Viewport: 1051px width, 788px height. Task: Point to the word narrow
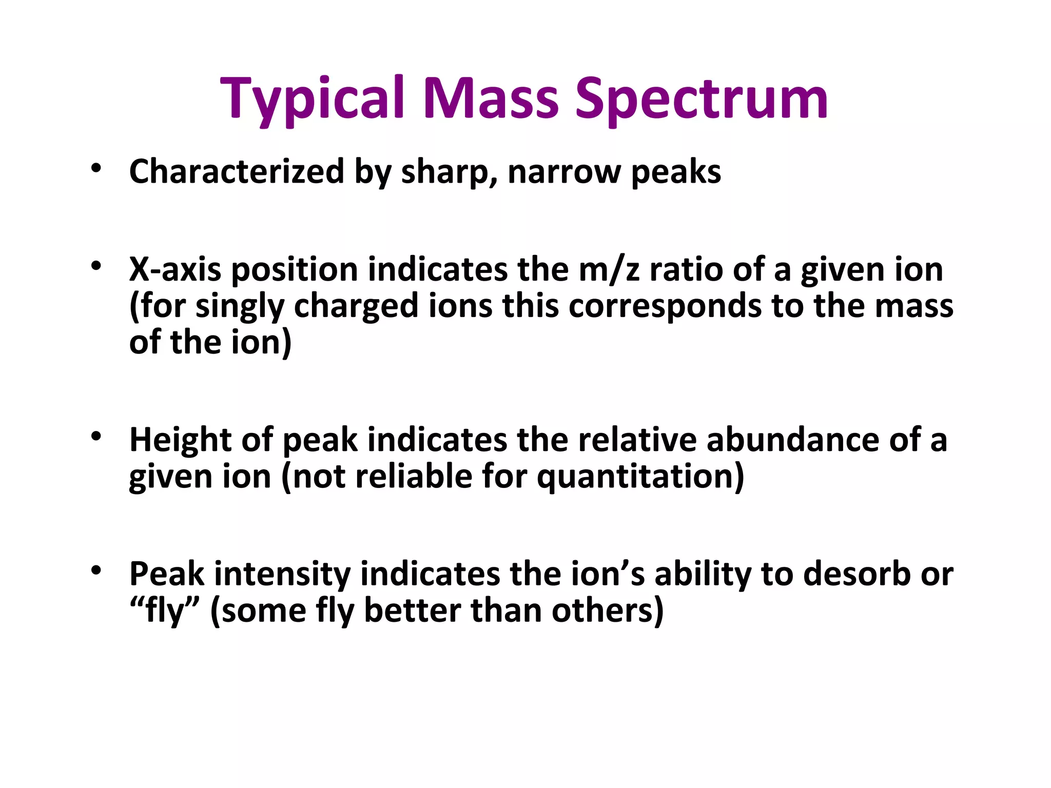(x=564, y=172)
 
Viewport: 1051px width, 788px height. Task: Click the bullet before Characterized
(x=96, y=169)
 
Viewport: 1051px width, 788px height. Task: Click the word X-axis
(x=174, y=270)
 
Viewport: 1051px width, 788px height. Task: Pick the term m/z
(x=609, y=270)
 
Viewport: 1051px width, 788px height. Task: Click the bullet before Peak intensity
(x=96, y=571)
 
